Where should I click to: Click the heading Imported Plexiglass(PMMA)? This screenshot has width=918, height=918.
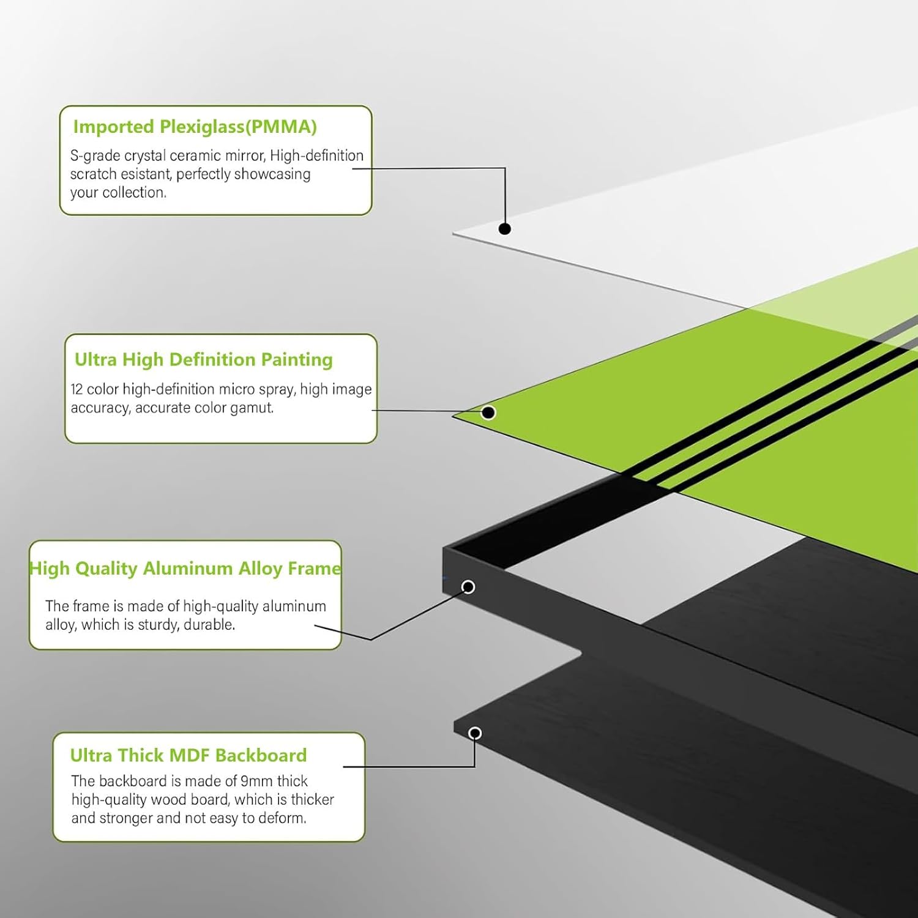click(195, 127)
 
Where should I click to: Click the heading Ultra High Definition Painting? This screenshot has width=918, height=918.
click(203, 359)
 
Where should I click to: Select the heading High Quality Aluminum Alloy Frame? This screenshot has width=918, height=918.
click(185, 569)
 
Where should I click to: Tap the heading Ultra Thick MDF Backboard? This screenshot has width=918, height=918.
click(188, 755)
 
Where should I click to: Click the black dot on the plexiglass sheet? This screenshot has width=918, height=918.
click(505, 229)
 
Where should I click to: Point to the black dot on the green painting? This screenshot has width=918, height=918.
click(488, 412)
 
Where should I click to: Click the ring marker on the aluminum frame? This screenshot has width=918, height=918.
click(468, 587)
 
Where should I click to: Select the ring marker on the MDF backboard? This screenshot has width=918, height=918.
click(475, 733)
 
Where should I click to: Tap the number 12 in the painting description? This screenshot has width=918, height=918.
click(76, 389)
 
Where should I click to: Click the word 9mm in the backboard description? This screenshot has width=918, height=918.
click(256, 782)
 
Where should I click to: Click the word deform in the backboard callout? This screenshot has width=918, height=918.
click(287, 818)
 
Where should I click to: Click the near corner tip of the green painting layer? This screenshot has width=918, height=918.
click(453, 416)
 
